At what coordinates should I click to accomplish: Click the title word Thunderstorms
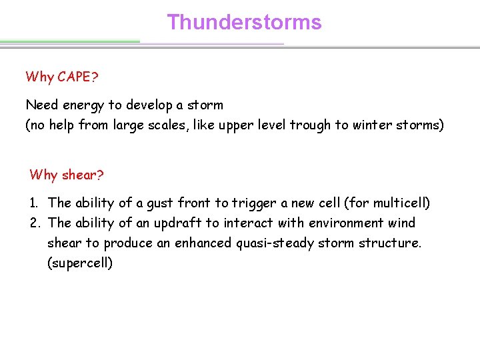coord(244,22)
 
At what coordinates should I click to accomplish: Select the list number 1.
coord(35,203)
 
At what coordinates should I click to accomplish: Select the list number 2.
coord(35,223)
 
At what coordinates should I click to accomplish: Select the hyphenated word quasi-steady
coord(275,243)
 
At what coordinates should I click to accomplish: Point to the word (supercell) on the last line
coord(80,263)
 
